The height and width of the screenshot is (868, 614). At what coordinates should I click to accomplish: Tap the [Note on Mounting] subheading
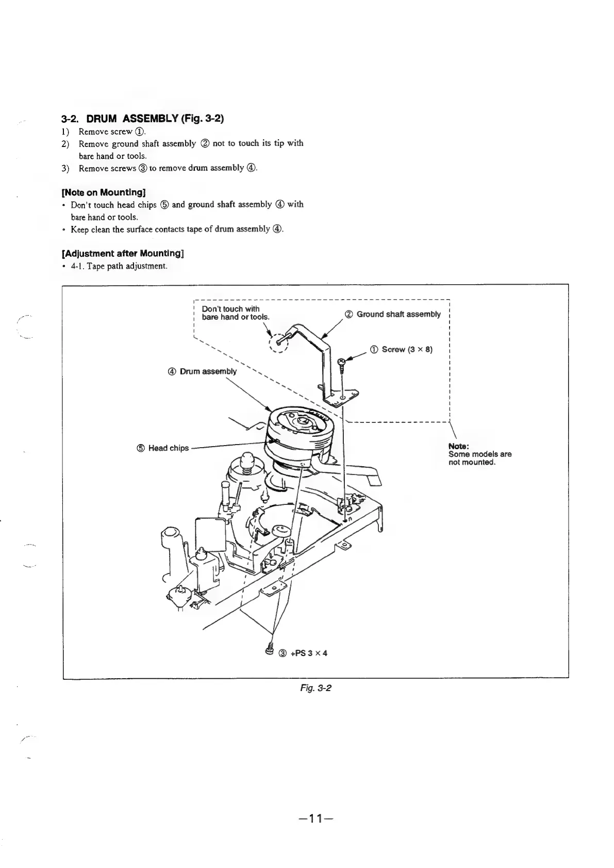[x=102, y=192]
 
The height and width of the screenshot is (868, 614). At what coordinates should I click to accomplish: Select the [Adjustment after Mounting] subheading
[x=123, y=254]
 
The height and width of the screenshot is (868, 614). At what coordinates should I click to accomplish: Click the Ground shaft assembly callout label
[x=398, y=314]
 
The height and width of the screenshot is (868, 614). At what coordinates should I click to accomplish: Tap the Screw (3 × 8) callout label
[x=406, y=350]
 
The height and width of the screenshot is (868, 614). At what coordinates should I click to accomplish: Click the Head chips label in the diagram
[x=168, y=448]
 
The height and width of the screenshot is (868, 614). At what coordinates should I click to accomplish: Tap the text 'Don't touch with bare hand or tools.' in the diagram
[x=235, y=313]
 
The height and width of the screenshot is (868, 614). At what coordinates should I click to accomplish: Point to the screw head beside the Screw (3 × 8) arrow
[x=341, y=361]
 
